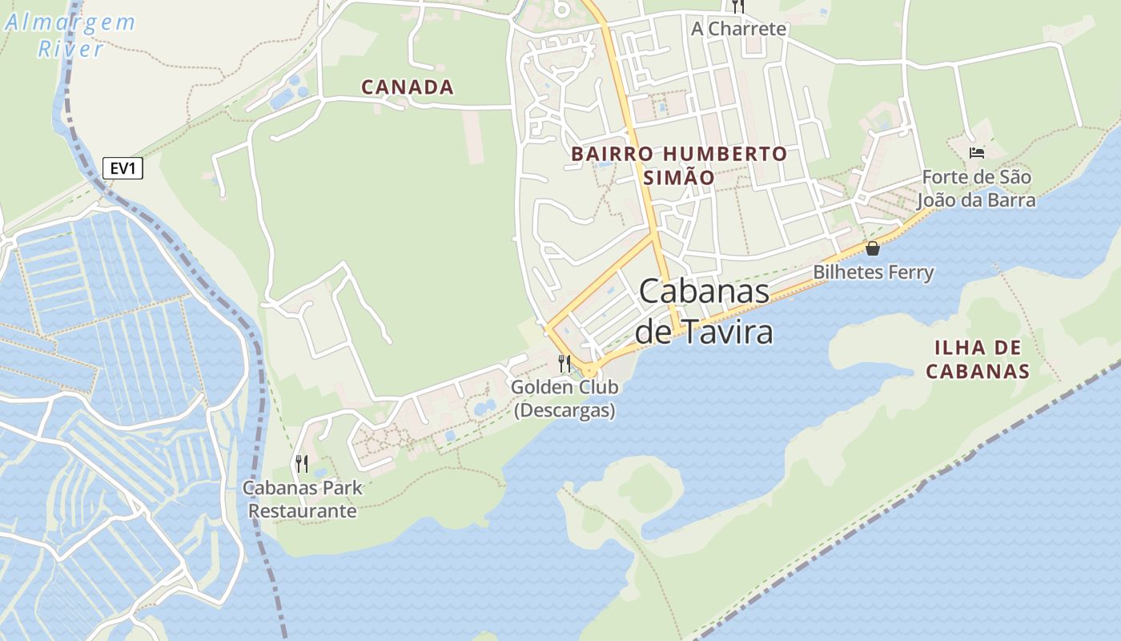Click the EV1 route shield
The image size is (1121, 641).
(123, 168)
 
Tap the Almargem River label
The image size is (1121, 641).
(70, 35)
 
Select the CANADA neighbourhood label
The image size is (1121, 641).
(408, 87)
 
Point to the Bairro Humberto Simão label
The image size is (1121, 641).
(679, 165)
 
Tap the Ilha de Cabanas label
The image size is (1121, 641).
(977, 359)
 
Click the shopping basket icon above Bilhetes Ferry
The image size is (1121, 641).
(873, 248)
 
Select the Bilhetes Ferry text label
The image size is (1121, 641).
(874, 272)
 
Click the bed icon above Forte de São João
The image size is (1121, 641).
(976, 152)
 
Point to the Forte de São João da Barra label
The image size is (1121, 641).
(976, 188)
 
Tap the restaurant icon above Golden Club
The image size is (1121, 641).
(565, 364)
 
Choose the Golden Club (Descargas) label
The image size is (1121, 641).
(565, 398)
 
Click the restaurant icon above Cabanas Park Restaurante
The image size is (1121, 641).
(302, 463)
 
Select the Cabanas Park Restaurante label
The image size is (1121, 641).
(303, 498)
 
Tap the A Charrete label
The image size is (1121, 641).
(738, 29)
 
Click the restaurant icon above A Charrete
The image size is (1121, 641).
(738, 6)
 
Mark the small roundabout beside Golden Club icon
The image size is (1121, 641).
(590, 369)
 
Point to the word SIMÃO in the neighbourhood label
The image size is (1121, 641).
(679, 177)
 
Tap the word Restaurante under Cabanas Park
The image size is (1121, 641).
(303, 510)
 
